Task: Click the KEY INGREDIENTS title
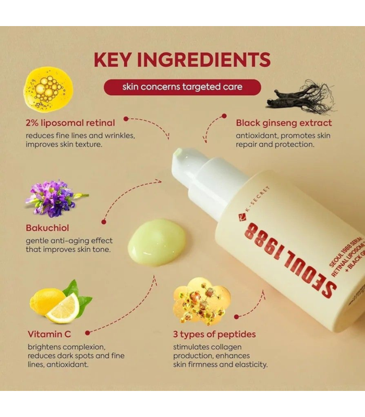click(182, 59)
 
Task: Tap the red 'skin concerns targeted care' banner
click(182, 87)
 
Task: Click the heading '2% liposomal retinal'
click(70, 123)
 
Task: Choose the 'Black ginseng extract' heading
click(284, 123)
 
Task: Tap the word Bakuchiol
click(47, 228)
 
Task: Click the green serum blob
click(156, 242)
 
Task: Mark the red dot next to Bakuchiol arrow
click(104, 222)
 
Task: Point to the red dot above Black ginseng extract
click(224, 116)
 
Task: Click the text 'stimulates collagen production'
click(208, 351)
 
